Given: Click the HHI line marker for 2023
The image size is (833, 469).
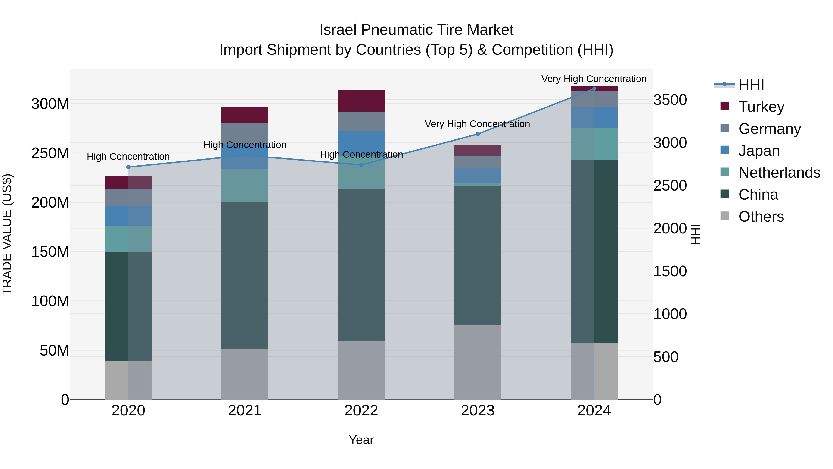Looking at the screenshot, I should pos(478,134).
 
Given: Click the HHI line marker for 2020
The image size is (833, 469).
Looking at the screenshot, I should pos(128,167).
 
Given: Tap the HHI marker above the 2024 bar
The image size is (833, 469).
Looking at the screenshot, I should pos(594,88).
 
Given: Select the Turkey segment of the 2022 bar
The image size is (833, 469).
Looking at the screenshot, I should pos(361,101).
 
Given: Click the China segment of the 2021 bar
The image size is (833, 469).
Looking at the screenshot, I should pos(245,275).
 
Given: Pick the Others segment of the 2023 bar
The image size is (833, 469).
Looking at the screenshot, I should pos(478,362).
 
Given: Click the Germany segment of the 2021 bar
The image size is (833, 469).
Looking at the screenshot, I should pos(245,133).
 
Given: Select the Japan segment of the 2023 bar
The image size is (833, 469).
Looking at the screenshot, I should pos(478,176).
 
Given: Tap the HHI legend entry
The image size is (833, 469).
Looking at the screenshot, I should pos(751,85).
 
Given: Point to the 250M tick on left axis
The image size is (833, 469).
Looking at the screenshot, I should pos(50,153).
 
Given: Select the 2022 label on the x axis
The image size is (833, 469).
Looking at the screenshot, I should pos(361,411).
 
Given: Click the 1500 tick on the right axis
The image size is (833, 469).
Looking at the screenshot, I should pos(670,271).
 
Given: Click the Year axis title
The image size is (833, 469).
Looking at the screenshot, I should pos(361,440).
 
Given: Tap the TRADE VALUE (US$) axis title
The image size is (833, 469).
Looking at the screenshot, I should pos(7,234).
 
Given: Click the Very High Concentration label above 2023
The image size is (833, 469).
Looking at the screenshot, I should pos(477,124).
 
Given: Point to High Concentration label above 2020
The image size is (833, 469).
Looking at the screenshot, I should pos(128,157).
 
